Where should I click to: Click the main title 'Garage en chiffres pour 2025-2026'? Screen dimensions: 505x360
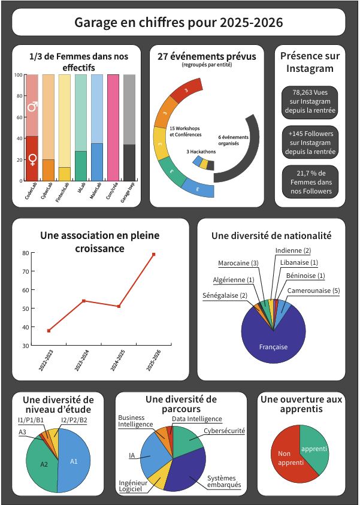[x=179, y=23]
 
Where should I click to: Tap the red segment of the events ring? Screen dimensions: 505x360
[x=180, y=92]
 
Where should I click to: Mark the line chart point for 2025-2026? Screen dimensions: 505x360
[x=153, y=255]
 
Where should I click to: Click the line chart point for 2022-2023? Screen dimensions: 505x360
[x=49, y=331]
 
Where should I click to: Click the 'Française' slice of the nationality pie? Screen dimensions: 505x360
[x=273, y=347]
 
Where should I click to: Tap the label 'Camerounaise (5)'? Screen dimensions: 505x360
[x=312, y=291]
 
